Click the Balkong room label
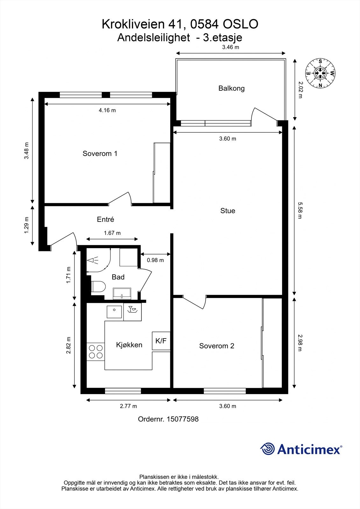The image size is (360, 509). click(231, 88)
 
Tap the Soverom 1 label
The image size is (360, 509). click(100, 154)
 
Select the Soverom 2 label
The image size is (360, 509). click(216, 346)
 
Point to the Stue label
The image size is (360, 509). click(228, 211)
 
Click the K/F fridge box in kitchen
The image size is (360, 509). click(161, 341)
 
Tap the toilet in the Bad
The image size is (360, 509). click(98, 286)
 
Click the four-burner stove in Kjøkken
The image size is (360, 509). click(95, 352)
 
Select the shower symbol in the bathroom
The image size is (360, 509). click(93, 260)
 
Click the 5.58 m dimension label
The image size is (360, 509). click(300, 211)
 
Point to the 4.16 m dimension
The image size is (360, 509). click(107, 110)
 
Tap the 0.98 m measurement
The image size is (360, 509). click(155, 260)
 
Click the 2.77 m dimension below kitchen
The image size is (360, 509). click(128, 406)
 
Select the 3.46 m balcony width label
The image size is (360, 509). click(230, 47)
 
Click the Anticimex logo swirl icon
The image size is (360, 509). click(267, 449)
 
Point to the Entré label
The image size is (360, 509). click(105, 220)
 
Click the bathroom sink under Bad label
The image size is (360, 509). click(122, 293)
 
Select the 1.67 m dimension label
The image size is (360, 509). click(112, 233)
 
